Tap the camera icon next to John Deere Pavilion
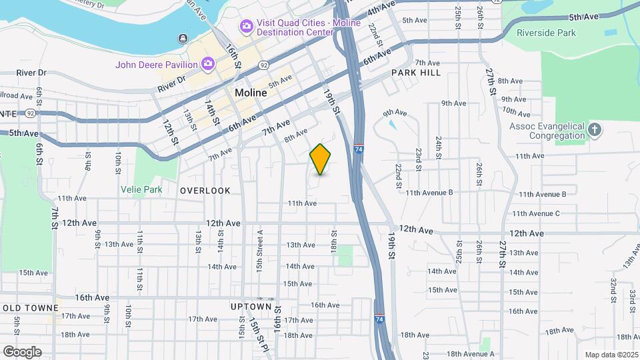point(208,64)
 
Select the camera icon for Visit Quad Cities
point(246,26)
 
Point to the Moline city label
point(251,93)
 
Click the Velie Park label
point(141,189)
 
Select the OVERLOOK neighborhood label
point(205,191)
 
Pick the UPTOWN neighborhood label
point(251,307)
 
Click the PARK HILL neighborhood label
point(416,72)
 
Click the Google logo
point(22,352)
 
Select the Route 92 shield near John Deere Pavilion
point(264,65)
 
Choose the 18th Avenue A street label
point(470,354)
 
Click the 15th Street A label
point(261,244)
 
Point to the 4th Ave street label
point(381,10)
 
